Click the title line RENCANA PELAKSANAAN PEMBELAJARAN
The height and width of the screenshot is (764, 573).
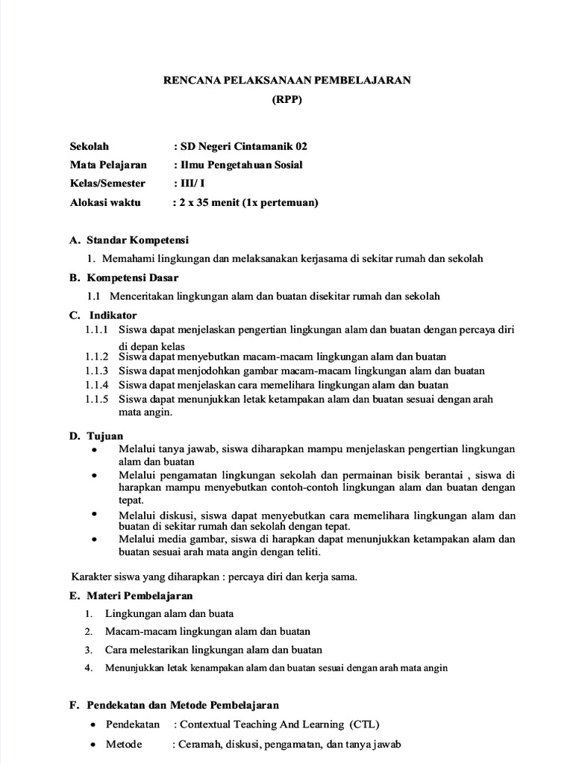point(287,81)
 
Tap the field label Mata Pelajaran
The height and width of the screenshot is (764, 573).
point(108,165)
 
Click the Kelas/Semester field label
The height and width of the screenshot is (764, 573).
point(107,184)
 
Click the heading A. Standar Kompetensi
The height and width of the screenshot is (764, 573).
point(129,240)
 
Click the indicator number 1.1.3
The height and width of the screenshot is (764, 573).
point(96,371)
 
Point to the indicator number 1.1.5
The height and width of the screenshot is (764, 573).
point(96,399)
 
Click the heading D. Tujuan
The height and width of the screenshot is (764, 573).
point(96,436)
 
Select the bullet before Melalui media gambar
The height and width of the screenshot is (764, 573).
point(93,539)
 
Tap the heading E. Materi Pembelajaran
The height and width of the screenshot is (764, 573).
point(131,595)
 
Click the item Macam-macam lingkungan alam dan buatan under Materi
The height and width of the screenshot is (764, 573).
point(207,631)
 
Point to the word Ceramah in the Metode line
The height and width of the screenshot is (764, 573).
point(198,745)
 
